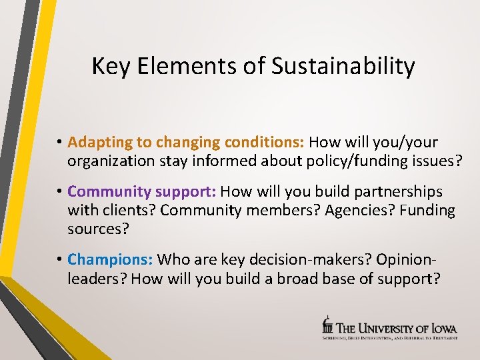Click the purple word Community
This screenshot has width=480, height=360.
pos(109,192)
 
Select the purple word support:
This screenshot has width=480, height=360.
pos(186,192)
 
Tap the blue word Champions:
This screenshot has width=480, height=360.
pos(110,259)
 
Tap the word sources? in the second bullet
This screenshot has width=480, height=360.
pos(97,230)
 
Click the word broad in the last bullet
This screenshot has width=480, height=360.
pos(292,278)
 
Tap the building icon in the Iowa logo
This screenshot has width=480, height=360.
pos(327,325)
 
